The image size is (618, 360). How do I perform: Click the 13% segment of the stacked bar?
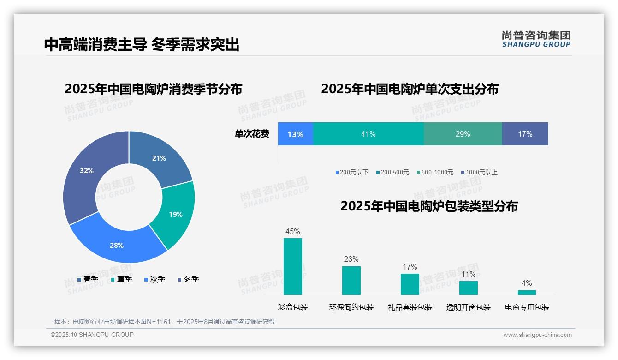[296, 134]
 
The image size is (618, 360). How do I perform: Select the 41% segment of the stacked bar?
[368, 134]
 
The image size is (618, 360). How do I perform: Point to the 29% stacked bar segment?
[463, 134]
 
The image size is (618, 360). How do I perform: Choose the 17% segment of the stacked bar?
[525, 134]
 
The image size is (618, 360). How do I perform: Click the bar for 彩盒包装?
[293, 267]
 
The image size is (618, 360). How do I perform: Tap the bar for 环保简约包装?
[351, 281]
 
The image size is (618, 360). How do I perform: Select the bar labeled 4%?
[527, 292]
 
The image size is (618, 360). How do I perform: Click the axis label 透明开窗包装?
[468, 307]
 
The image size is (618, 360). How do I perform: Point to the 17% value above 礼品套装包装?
[410, 267]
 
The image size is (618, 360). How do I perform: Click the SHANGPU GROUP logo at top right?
[536, 39]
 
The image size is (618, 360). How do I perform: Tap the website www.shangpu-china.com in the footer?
[537, 335]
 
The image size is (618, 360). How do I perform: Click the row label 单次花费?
[252, 134]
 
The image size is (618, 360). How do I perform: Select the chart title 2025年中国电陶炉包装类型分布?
[429, 206]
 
